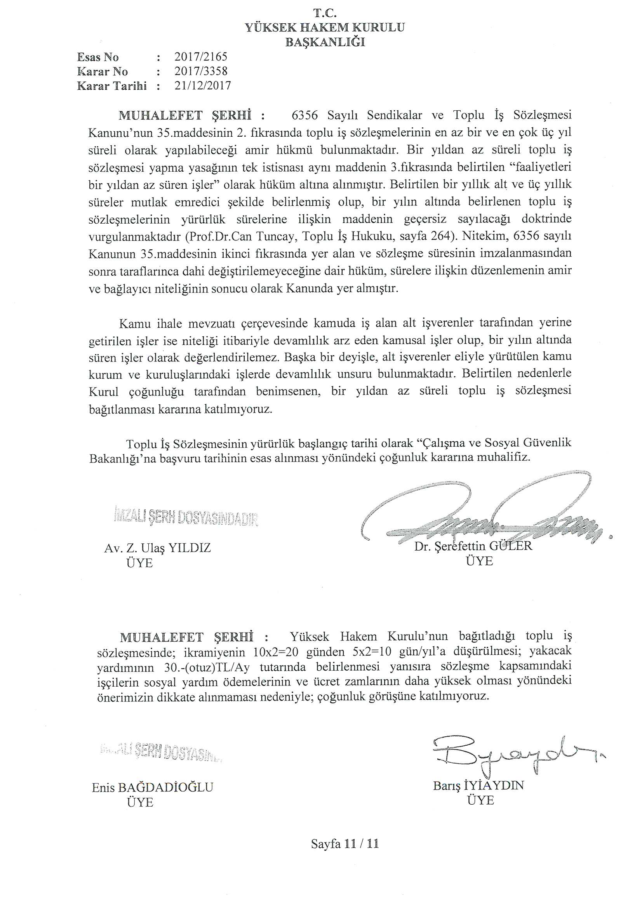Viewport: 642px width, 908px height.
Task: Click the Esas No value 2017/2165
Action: pos(201,57)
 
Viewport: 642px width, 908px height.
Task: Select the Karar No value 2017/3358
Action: pos(201,71)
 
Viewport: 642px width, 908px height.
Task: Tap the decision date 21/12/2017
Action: pos(202,86)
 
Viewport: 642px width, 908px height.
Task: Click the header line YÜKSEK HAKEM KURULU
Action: pos(325,28)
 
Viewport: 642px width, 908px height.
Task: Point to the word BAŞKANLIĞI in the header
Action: pos(325,42)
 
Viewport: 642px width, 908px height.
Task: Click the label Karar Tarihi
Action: pos(112,86)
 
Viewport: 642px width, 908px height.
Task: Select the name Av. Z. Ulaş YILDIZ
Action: pos(157,548)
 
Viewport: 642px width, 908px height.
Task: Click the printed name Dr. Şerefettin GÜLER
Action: pos(473,546)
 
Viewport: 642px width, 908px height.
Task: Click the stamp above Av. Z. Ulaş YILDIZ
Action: pos(186,518)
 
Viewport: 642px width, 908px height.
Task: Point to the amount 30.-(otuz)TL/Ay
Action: pos(207,668)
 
